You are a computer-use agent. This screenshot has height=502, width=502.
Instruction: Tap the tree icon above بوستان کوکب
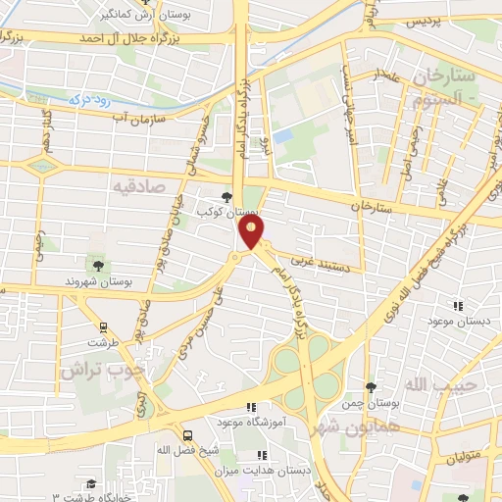tap(227, 197)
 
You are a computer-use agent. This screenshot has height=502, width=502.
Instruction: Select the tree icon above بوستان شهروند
tap(97, 266)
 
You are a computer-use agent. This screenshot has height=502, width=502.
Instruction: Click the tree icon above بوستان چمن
tap(370, 388)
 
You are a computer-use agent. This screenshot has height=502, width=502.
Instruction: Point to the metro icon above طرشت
tap(101, 326)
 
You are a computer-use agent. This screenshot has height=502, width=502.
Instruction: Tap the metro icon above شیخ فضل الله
tap(186, 434)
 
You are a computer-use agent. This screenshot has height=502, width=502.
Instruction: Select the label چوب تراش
tap(101, 370)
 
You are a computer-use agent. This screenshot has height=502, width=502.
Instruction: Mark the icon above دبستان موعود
tap(456, 306)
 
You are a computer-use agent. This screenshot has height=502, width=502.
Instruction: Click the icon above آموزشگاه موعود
tap(251, 407)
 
